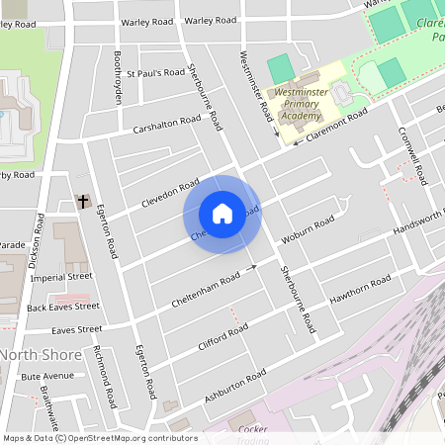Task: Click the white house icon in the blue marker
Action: [222, 214]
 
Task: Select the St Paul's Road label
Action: [155, 72]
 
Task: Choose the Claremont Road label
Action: [336, 126]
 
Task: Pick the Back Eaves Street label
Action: [63, 307]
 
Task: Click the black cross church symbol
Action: [83, 202]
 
